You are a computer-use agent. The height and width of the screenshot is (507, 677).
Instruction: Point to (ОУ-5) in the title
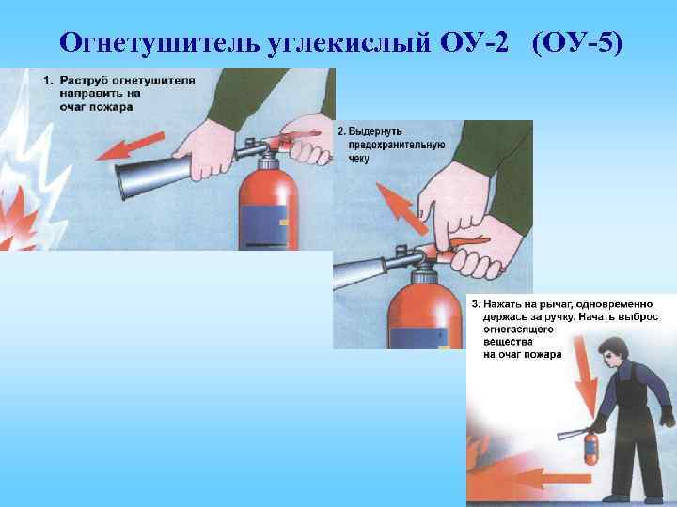coord(575,43)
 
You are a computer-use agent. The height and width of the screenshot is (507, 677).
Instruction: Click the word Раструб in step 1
coord(80,82)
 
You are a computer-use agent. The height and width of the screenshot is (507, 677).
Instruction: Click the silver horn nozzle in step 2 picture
coord(362,271)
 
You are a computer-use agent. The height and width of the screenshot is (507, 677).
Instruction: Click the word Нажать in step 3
coord(504,304)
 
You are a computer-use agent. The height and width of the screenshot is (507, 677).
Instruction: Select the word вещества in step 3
coord(507,343)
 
